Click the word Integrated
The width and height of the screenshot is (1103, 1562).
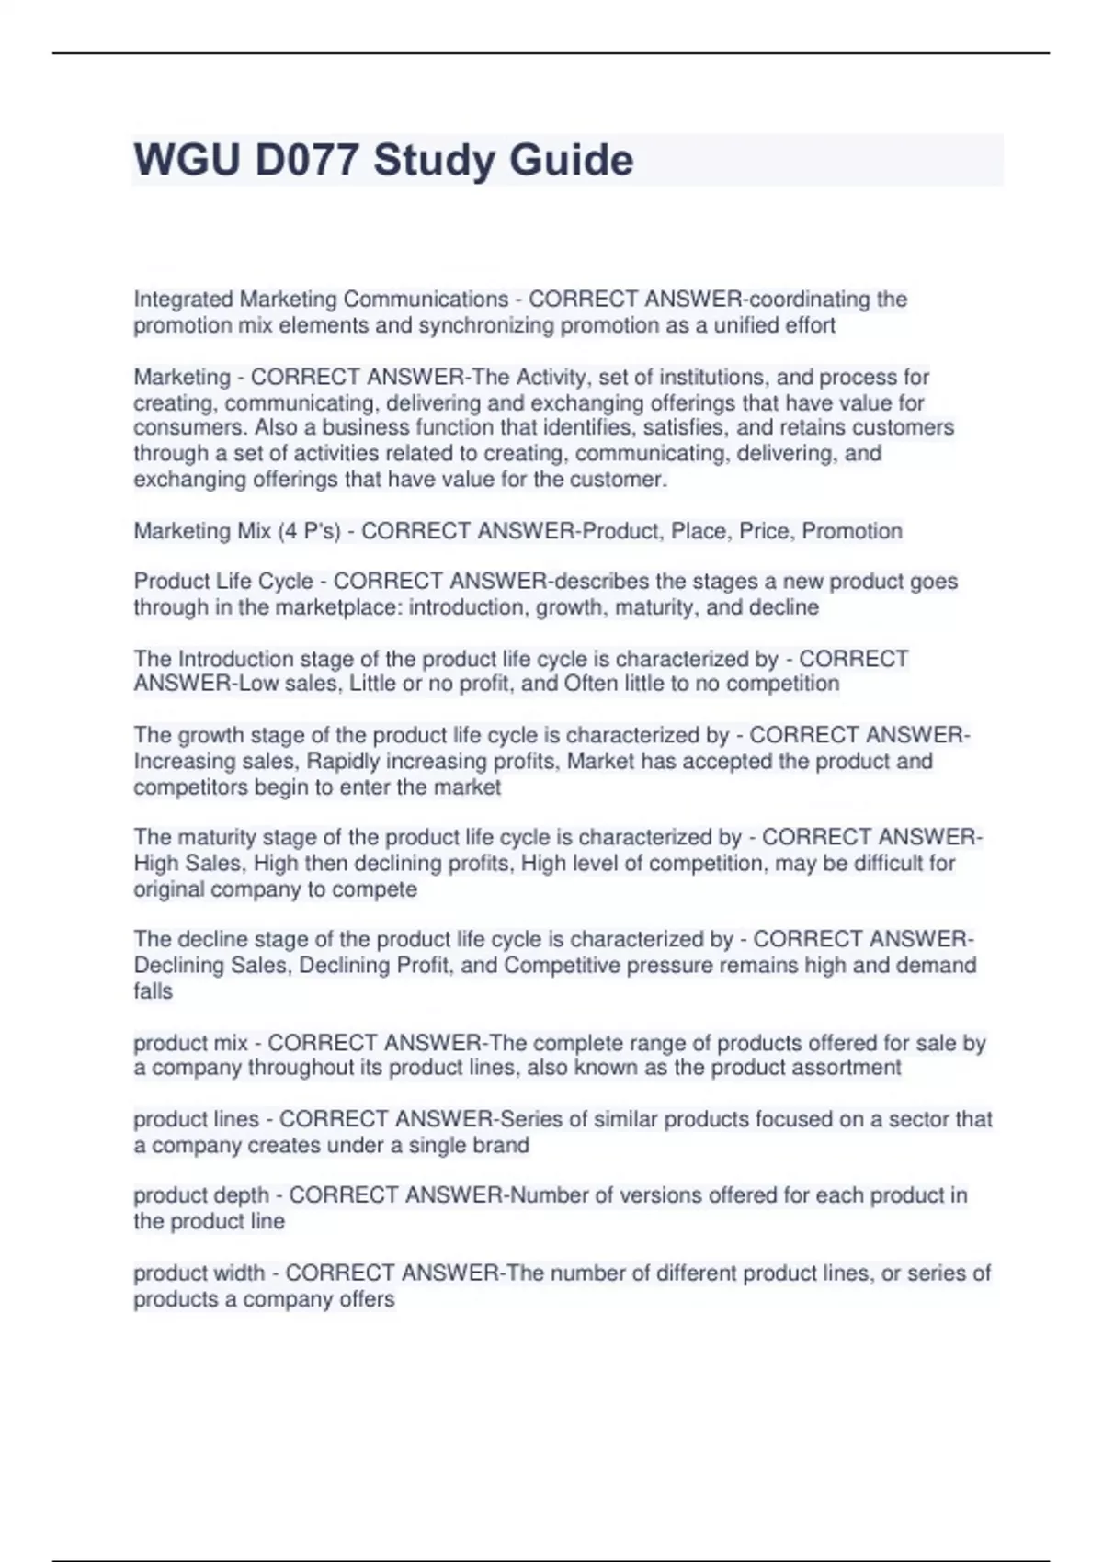point(183,300)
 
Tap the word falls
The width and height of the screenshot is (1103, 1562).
point(153,991)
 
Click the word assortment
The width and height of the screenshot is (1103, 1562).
point(848,1068)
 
